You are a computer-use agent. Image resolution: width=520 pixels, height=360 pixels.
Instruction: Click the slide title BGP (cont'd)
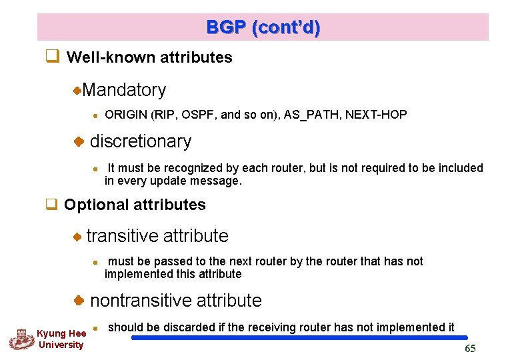(263, 27)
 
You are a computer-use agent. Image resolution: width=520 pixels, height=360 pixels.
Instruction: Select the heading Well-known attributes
(149, 57)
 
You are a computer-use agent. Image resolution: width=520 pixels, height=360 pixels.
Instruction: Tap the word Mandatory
(124, 89)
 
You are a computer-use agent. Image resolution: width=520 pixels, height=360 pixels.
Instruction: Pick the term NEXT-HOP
(376, 115)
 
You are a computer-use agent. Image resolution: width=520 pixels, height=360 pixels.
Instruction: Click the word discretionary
(140, 141)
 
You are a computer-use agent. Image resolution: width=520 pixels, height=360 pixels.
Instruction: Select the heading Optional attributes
(135, 205)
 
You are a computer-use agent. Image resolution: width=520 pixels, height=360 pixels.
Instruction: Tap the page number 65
(470, 349)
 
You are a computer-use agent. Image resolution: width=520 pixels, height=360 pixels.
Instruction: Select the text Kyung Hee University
(61, 339)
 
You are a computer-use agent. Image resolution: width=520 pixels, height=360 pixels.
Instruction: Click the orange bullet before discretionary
(78, 141)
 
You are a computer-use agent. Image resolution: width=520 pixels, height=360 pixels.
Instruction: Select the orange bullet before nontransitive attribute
(78, 301)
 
